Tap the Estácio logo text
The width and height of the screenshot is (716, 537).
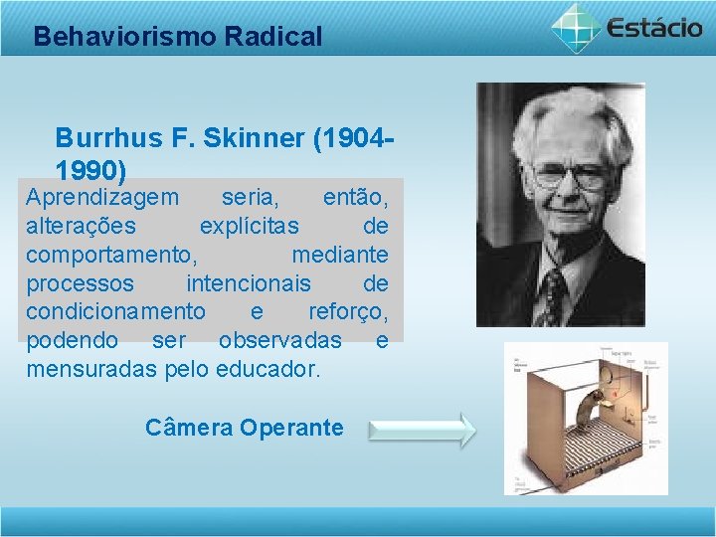tap(654, 27)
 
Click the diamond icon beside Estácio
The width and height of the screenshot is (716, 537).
tap(577, 27)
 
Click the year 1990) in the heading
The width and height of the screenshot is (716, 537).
tap(90, 170)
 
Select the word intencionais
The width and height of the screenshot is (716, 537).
tap(249, 283)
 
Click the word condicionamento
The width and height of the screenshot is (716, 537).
tap(115, 312)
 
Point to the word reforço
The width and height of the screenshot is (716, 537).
tap(347, 312)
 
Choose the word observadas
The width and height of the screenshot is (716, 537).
tap(279, 341)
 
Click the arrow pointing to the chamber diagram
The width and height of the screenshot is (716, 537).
tap(422, 431)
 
